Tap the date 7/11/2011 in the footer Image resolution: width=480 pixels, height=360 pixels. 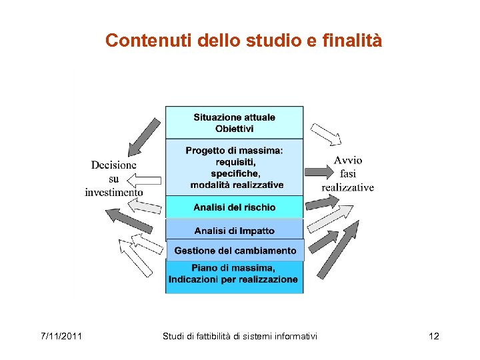pyautogui.click(x=60, y=336)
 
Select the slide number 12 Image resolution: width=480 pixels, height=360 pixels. pyautogui.click(x=434, y=336)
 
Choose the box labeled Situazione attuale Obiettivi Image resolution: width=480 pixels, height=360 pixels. pyautogui.click(x=234, y=122)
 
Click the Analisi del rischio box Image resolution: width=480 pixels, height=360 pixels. pyautogui.click(x=234, y=207)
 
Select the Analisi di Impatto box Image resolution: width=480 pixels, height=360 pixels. pyautogui.click(x=234, y=231)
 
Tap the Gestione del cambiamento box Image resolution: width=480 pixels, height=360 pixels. pyautogui.click(x=235, y=251)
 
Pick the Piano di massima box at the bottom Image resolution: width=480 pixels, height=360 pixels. pyautogui.click(x=234, y=274)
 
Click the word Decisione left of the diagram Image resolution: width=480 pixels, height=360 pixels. pyautogui.click(x=114, y=165)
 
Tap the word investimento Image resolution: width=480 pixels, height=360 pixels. pyautogui.click(x=114, y=192)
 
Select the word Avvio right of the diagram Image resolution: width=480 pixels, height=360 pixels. pyautogui.click(x=348, y=160)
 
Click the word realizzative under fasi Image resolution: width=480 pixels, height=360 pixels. pyautogui.click(x=347, y=187)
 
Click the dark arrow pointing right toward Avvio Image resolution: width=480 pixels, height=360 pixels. pyautogui.click(x=318, y=172)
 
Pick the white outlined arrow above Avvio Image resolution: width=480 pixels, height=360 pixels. pyautogui.click(x=326, y=134)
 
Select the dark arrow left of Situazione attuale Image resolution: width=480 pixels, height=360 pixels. pyautogui.click(x=144, y=135)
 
